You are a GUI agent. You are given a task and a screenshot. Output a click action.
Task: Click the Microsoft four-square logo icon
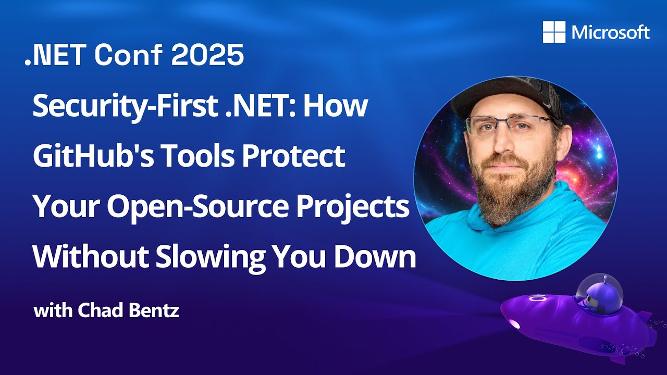(554, 32)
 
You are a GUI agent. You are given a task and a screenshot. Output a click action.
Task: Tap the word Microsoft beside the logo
(610, 32)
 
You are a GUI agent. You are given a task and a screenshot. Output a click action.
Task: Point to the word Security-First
(124, 107)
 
